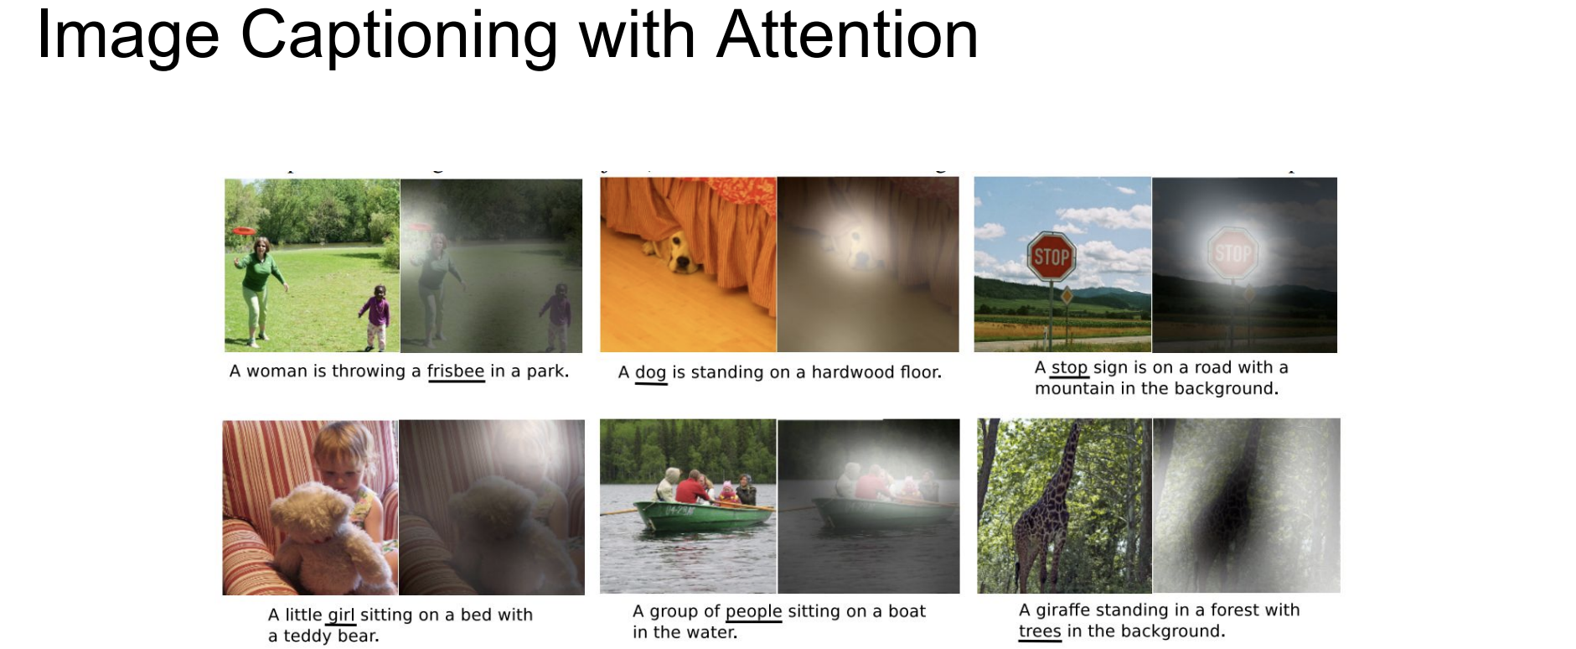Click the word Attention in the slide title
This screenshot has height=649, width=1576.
coord(847,35)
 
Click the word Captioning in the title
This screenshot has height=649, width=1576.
coord(399,38)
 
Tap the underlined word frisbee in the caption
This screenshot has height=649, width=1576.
coord(456,371)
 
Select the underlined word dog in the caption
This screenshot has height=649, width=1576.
coord(650,372)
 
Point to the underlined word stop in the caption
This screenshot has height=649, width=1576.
coord(1069,367)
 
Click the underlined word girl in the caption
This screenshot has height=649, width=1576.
coord(341,615)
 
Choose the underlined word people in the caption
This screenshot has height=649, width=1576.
coord(753,611)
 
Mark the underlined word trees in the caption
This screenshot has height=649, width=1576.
coord(1040,631)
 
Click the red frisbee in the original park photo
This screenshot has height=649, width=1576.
coord(245,230)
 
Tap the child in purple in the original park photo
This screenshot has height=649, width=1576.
coord(375,317)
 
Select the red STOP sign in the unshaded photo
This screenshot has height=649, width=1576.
coord(1052,256)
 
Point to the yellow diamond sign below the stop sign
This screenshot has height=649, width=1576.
coord(1067,296)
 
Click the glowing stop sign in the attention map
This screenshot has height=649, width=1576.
coord(1232,252)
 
